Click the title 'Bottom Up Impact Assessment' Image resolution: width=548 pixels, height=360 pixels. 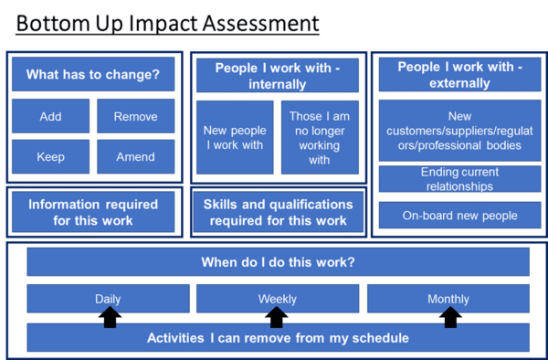(168, 22)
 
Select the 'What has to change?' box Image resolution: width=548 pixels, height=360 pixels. (99, 74)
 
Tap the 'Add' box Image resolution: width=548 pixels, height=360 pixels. (51, 116)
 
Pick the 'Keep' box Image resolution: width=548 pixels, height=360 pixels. (51, 156)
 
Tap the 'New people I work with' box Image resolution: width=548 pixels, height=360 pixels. (234, 137)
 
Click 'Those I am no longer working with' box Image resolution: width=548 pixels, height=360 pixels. (319, 137)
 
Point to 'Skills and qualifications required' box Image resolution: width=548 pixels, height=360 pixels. (278, 213)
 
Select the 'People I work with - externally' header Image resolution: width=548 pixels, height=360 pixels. (459, 75)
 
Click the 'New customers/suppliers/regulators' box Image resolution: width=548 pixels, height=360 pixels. (459, 131)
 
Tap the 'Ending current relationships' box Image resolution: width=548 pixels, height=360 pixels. (459, 179)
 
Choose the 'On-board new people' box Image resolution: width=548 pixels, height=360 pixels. (459, 217)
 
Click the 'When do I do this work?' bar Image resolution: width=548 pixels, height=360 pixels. (278, 262)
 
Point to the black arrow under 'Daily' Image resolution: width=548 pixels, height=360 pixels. (110, 316)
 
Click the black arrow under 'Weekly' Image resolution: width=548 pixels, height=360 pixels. (277, 316)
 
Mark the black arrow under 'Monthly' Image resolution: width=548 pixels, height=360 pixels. (448, 316)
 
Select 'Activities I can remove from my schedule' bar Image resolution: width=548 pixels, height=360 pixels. (278, 338)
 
